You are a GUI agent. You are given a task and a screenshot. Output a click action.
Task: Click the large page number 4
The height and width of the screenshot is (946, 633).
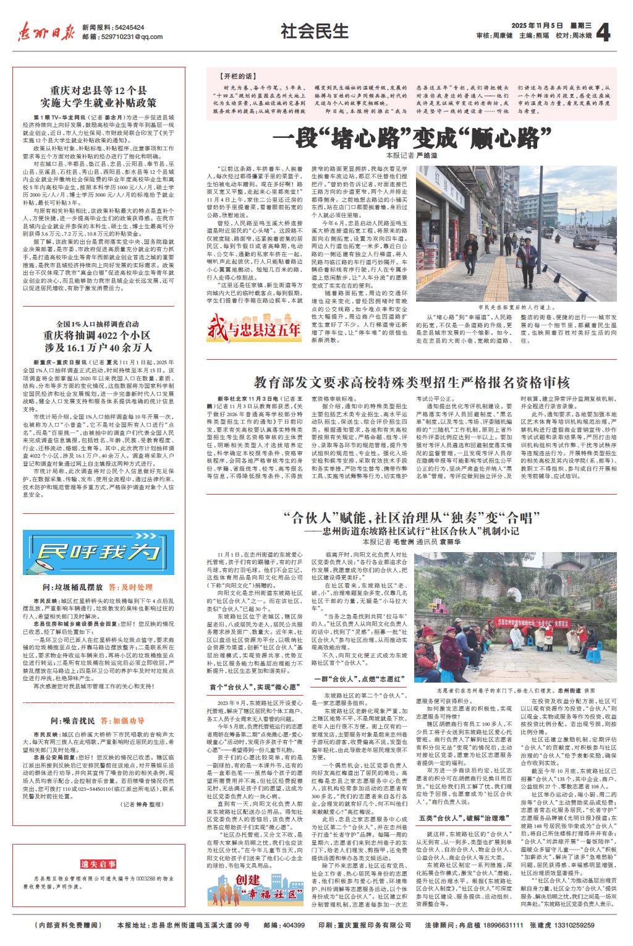[x=604, y=32]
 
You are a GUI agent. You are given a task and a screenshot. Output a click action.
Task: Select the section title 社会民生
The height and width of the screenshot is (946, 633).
[x=315, y=30]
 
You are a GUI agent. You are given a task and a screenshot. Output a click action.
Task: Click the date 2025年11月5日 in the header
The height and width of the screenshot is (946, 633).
[x=537, y=25]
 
